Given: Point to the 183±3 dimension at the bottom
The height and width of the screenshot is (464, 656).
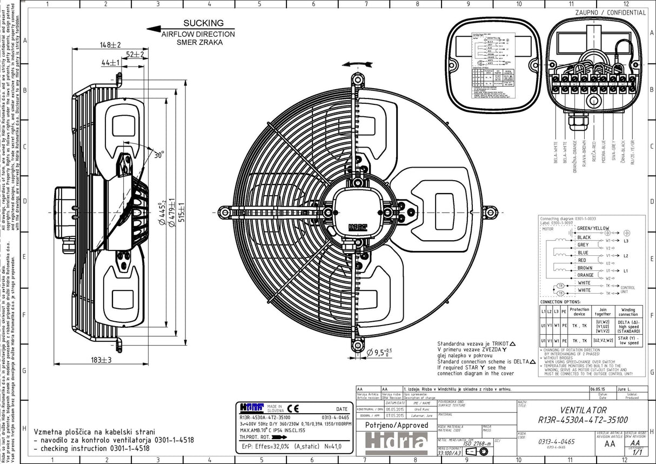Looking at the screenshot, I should (x=101, y=360).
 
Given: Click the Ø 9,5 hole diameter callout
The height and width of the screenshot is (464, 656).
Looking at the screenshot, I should (x=379, y=353).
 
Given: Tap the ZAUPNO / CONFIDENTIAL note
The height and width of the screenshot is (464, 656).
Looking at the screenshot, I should (x=610, y=12).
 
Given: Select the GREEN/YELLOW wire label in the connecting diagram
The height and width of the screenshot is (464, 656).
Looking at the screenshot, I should (x=593, y=228).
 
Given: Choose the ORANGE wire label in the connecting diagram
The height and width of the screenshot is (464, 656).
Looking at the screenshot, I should (x=585, y=275).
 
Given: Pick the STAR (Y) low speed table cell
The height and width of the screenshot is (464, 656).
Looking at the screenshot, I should (x=628, y=340).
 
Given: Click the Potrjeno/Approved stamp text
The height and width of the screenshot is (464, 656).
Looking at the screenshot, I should (x=389, y=426).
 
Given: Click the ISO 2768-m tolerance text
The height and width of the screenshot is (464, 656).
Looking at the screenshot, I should (x=477, y=443).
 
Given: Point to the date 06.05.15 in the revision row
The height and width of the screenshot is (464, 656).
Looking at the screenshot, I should (x=597, y=389).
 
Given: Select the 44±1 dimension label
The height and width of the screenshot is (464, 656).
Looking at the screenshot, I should (x=110, y=63).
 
